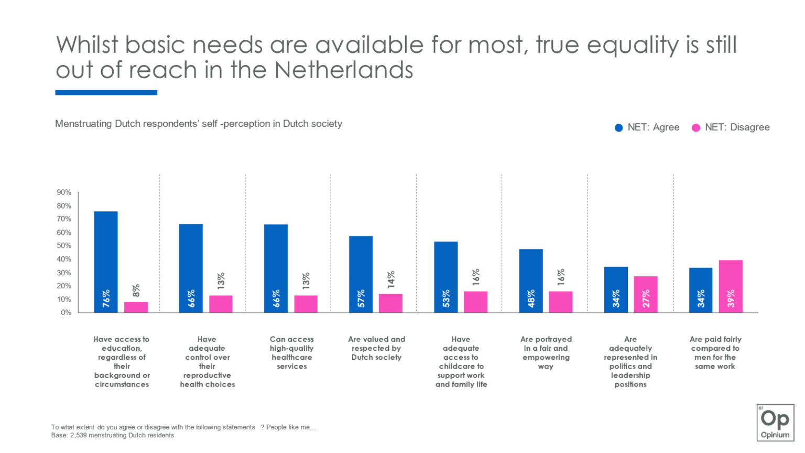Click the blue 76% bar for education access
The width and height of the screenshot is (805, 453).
pyautogui.click(x=105, y=262)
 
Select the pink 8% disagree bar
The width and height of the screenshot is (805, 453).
pyautogui.click(x=136, y=307)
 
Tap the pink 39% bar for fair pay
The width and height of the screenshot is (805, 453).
pyautogui.click(x=731, y=286)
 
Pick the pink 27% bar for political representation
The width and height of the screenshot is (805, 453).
pyautogui.click(x=646, y=294)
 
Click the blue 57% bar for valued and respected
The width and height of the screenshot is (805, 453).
pyautogui.click(x=361, y=274)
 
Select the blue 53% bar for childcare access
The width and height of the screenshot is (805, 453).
pyautogui.click(x=445, y=277)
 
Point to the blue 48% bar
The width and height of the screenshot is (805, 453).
pyautogui.click(x=531, y=281)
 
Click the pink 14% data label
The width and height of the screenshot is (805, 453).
pyautogui.click(x=391, y=280)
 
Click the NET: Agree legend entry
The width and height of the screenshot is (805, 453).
pyautogui.click(x=647, y=127)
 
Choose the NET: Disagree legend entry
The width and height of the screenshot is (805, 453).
pyautogui.click(x=731, y=127)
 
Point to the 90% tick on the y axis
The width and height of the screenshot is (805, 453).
pyautogui.click(x=64, y=192)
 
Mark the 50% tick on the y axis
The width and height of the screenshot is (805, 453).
pyautogui.click(x=64, y=246)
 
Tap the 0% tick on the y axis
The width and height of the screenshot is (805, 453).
pyautogui.click(x=66, y=312)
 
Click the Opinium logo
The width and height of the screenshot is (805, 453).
pyautogui.click(x=775, y=422)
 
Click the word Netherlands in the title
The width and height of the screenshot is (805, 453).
pyautogui.click(x=344, y=70)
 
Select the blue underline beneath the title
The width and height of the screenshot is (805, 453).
pyautogui.click(x=106, y=93)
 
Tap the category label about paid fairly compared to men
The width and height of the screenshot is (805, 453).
pyautogui.click(x=715, y=353)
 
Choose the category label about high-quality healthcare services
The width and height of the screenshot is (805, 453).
pyautogui.click(x=291, y=353)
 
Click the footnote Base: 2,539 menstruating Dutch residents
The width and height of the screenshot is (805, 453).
pyautogui.click(x=113, y=435)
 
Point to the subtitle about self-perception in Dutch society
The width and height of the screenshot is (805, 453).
pyautogui.click(x=199, y=124)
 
